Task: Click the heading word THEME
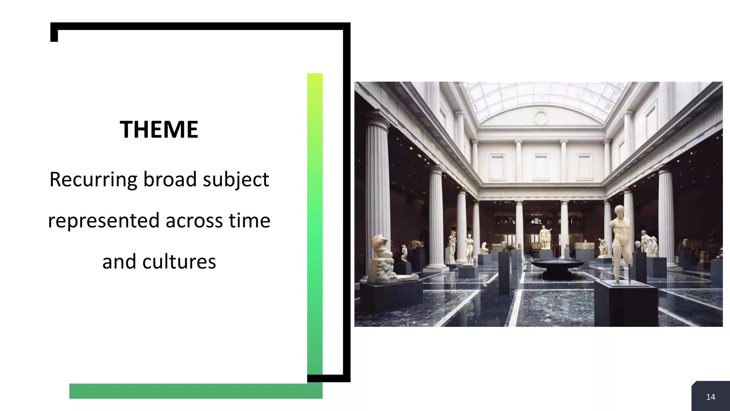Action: tap(159, 130)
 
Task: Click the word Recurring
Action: tap(93, 179)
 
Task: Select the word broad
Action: tap(170, 179)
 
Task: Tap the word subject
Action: tap(236, 179)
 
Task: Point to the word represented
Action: tap(104, 220)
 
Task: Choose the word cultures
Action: tap(179, 262)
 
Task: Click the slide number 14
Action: tap(710, 397)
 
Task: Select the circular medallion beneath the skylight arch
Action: tap(540, 117)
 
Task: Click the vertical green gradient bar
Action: tap(315, 221)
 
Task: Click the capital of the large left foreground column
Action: tap(377, 118)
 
